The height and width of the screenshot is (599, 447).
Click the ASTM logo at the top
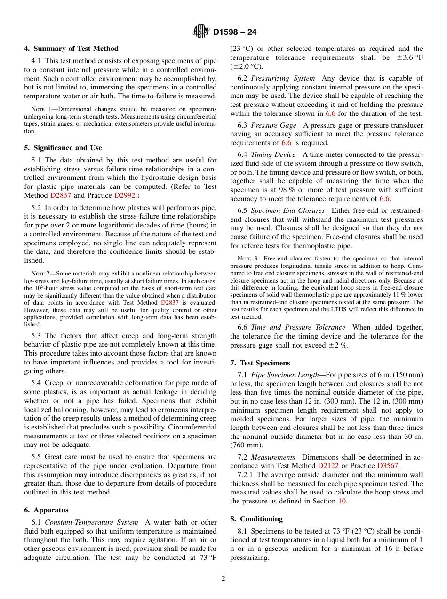coord(201,32)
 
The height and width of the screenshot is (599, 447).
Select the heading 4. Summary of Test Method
coord(71,49)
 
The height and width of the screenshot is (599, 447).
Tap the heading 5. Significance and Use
coord(63,148)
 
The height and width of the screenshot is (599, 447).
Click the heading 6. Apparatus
coord(46,510)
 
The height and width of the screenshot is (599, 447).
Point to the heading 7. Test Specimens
coord(260,363)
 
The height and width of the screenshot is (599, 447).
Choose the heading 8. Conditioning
coord(256,519)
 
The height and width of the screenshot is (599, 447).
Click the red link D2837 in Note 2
coord(171,303)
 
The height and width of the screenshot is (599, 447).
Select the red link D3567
coord(389,465)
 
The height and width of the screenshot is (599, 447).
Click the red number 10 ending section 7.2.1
coord(342,501)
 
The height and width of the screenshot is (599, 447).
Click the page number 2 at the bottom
coord(223,579)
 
